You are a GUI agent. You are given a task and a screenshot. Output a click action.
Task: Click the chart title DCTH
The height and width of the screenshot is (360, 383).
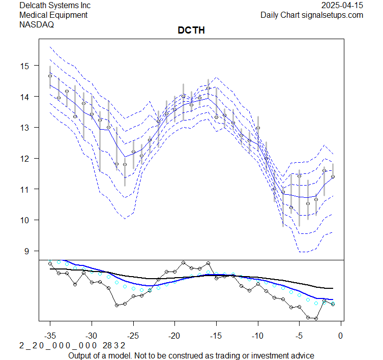(191, 31)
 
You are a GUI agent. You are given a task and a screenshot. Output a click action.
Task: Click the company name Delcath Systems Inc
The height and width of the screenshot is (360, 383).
(55, 6)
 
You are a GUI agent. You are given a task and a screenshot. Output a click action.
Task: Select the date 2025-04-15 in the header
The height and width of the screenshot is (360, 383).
(343, 6)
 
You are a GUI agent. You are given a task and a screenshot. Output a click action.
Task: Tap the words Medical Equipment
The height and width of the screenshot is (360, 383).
(53, 15)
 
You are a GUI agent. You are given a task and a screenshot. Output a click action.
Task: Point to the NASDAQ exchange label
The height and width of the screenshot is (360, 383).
(36, 24)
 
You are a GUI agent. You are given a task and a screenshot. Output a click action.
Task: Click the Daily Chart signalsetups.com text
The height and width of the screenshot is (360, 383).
(312, 15)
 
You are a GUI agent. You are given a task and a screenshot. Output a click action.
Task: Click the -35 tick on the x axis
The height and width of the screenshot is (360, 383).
(50, 336)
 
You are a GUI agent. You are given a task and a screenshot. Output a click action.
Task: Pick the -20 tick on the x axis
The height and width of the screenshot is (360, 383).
(174, 336)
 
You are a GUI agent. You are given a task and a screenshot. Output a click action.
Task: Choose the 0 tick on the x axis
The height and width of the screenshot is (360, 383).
(340, 336)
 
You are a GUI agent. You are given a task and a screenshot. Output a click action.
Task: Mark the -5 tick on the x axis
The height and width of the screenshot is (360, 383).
(299, 336)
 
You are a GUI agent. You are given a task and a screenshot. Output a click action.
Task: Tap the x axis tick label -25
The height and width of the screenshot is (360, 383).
(133, 336)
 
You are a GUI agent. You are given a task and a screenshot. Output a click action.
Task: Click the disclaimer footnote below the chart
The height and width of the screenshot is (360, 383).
(191, 355)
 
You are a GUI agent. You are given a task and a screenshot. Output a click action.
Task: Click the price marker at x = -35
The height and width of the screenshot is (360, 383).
(50, 76)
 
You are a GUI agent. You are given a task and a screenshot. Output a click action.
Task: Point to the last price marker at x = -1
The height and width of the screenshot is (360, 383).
(333, 177)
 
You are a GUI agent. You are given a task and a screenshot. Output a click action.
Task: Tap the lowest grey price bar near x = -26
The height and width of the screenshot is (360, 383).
(125, 173)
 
